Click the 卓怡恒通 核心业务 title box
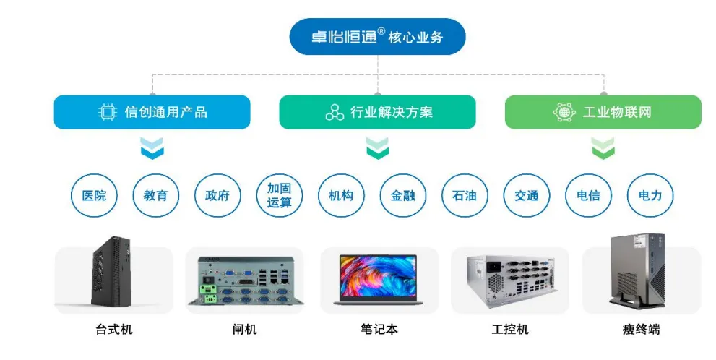tap(377, 37)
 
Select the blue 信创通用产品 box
tap(152, 112)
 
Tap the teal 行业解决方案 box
tap(377, 112)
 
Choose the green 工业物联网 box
tap(603, 112)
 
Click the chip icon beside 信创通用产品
tap(108, 112)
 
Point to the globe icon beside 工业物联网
tap(564, 112)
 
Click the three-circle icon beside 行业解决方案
tap(334, 112)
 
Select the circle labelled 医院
tap(94, 195)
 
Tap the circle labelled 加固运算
tap(280, 195)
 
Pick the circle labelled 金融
tap(403, 195)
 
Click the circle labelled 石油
tap(465, 195)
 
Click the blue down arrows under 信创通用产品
tap(152, 148)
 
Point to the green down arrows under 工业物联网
tap(603, 148)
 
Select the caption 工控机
tap(510, 330)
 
